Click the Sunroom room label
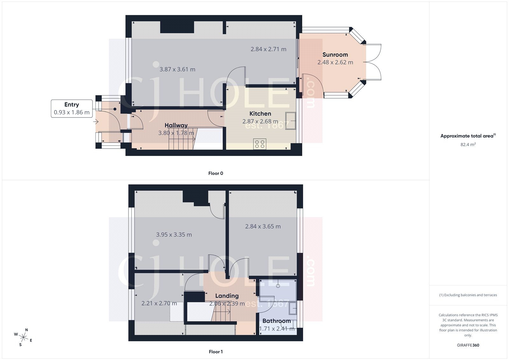335,55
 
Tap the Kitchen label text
260,114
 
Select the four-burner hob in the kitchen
260,144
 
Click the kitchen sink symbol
290,121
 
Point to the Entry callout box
72,109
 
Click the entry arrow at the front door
96,122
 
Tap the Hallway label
176,125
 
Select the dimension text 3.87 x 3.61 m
177,69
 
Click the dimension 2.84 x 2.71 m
268,49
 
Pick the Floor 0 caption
216,173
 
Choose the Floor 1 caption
216,352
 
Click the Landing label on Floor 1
227,296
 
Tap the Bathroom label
276,321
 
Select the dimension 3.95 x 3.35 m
174,235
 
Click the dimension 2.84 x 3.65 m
263,227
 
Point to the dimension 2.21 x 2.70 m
159,303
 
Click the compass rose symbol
24,337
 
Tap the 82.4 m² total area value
468,145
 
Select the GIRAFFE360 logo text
468,345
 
